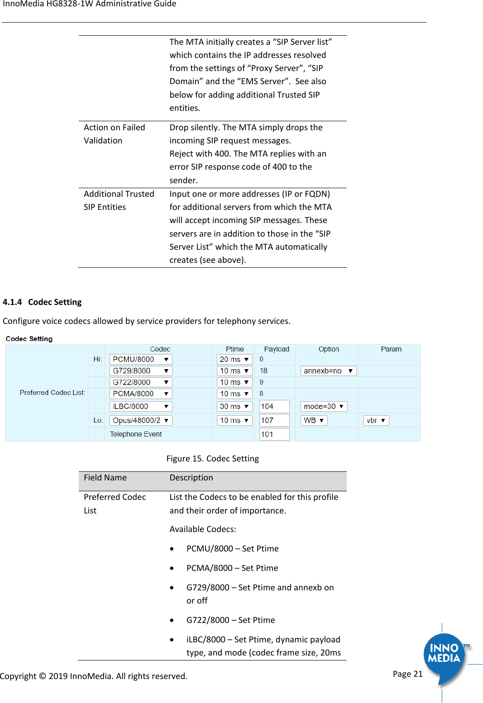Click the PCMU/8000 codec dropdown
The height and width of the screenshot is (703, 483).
(140, 359)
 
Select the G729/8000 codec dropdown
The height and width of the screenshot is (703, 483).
(140, 371)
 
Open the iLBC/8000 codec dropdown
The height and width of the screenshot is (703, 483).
(140, 407)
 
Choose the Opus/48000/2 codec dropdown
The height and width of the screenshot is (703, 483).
(140, 420)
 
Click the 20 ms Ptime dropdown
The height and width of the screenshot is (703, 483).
(234, 359)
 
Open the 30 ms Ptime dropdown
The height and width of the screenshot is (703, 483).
(234, 407)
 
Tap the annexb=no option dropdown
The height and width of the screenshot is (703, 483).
(328, 371)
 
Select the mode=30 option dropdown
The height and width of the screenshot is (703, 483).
(324, 407)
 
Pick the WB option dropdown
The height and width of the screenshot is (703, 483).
(314, 420)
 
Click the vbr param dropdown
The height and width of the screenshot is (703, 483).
(376, 420)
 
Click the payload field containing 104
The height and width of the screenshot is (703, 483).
(274, 407)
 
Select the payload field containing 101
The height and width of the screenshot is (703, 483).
(274, 434)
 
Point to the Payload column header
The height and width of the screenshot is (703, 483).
(277, 349)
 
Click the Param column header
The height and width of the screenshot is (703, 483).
(391, 349)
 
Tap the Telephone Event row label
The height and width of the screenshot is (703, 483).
(136, 434)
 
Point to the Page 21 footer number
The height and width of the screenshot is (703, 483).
(407, 674)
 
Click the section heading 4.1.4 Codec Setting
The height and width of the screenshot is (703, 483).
(43, 302)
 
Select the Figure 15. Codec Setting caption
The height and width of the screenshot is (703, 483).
(213, 459)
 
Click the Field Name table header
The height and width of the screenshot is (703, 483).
(105, 478)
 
